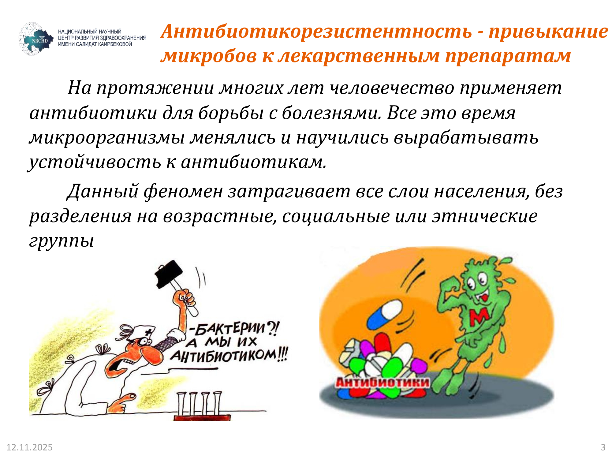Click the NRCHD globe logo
(x=36, y=39)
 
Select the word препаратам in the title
(x=508, y=56)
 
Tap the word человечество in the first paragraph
(x=392, y=88)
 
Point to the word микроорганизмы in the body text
(x=107, y=138)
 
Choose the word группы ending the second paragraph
(x=61, y=241)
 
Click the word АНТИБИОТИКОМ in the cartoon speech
(x=223, y=356)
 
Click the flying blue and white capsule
(x=384, y=314)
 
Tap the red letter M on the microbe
(x=480, y=317)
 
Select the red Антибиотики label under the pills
(x=382, y=382)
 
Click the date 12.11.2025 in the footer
(x=30, y=447)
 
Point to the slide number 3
(x=603, y=447)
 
